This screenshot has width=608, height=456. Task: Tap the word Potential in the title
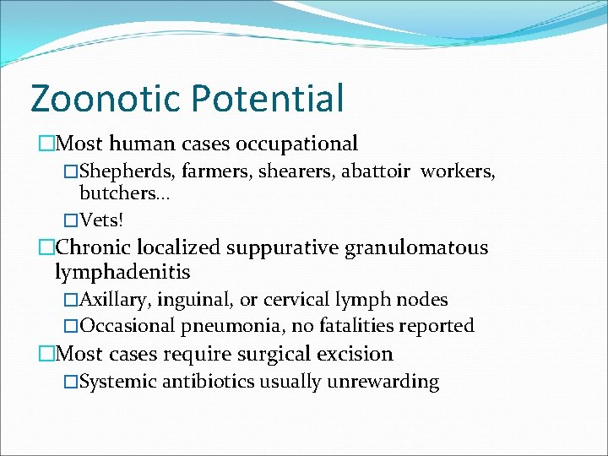point(268,98)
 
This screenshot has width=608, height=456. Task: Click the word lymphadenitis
point(122,273)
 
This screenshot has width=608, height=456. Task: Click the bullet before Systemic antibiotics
point(70,383)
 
